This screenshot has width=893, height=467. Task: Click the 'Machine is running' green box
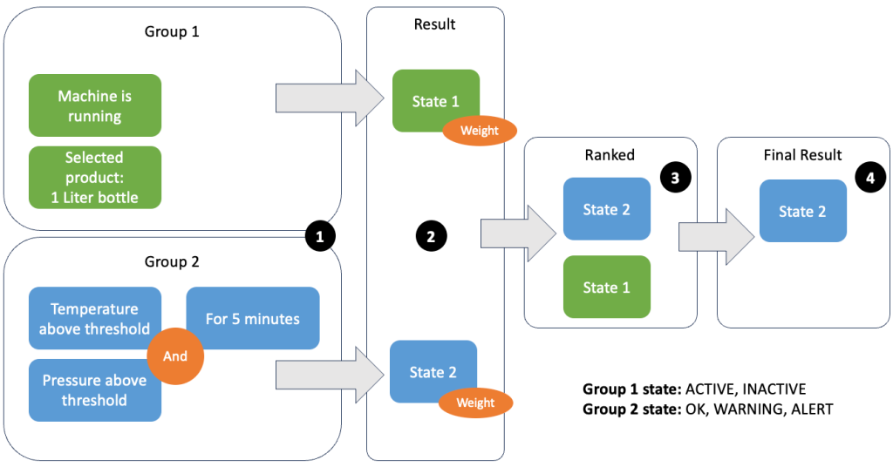(x=95, y=105)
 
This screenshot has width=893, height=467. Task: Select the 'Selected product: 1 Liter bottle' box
(x=95, y=178)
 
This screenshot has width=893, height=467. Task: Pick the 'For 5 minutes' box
(x=253, y=319)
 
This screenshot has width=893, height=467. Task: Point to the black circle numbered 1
(x=320, y=235)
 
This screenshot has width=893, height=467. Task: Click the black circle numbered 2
(x=432, y=234)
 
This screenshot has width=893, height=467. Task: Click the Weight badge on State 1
(x=480, y=132)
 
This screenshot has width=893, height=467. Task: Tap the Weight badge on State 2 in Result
(x=476, y=403)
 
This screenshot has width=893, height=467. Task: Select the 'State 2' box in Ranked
(x=606, y=209)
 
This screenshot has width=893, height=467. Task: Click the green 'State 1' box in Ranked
(x=606, y=287)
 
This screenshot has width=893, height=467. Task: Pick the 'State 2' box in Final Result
(x=802, y=211)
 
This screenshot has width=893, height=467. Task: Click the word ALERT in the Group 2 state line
(x=808, y=409)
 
